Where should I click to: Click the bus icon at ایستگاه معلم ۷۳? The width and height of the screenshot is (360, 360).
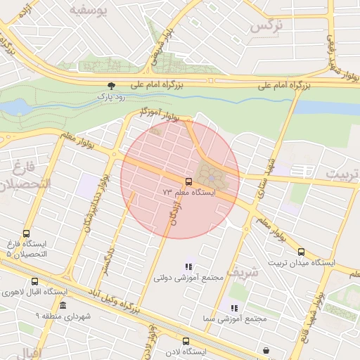coord(186,181)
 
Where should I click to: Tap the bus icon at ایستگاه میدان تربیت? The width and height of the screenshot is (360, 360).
coord(301,252)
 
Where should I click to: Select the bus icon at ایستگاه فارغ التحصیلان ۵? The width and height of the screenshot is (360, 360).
coord(27,234)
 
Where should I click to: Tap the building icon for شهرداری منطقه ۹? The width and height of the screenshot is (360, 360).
coord(63,305)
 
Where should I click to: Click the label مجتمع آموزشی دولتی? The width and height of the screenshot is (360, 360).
coord(188,278)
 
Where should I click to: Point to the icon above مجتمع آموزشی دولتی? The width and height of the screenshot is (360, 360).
coord(188,266)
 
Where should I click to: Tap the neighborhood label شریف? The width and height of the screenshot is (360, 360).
coord(245,271)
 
